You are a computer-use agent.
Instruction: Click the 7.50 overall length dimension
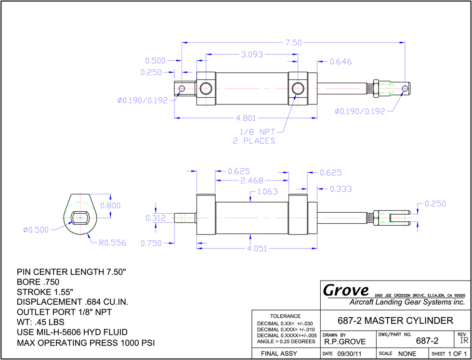tap(293, 43)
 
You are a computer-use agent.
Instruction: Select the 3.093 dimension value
tap(251, 55)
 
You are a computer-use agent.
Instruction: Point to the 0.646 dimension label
tap(341, 62)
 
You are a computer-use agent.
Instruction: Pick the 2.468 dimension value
tap(251, 181)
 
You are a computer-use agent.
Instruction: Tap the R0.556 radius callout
tap(112, 243)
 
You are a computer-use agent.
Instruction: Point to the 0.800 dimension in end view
tap(110, 206)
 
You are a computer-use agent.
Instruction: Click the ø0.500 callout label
tap(36, 230)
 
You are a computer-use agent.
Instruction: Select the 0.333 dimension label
tap(341, 189)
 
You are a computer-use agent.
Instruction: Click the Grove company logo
tap(346, 291)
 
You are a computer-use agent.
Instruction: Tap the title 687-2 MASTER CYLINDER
tap(395, 321)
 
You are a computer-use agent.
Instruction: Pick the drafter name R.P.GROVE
tap(345, 342)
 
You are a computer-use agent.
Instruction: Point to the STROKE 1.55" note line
tap(45, 292)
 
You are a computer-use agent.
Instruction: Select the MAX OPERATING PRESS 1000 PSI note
tap(86, 343)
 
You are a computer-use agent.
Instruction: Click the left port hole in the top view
tap(206, 89)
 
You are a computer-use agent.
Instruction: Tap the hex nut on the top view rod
tap(376, 89)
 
